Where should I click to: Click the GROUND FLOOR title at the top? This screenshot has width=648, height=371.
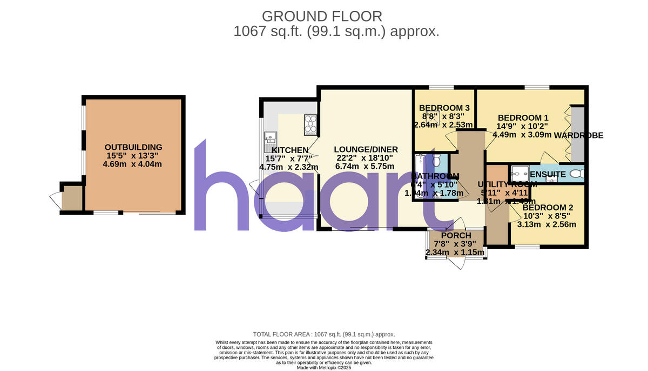pyautogui.click(x=322, y=16)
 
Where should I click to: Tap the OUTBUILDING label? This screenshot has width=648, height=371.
pyautogui.click(x=133, y=147)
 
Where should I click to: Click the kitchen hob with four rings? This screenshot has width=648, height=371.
pyautogui.click(x=311, y=125)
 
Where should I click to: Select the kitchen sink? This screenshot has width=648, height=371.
pyautogui.click(x=270, y=142)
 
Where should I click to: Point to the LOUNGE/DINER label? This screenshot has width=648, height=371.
pyautogui.click(x=366, y=149)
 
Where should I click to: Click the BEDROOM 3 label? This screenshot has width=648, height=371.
pyautogui.click(x=444, y=107)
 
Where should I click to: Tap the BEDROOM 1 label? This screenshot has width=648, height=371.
pyautogui.click(x=523, y=118)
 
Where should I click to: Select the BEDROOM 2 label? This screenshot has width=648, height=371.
pyautogui.click(x=548, y=207)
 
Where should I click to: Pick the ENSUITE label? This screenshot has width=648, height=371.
pyautogui.click(x=548, y=174)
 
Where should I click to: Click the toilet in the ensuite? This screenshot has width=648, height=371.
pyautogui.click(x=577, y=173)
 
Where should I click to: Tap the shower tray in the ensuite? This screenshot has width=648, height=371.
pyautogui.click(x=520, y=173)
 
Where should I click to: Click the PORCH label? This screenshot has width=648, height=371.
pyautogui.click(x=456, y=236)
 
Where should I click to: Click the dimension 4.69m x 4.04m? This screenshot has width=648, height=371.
pyautogui.click(x=133, y=164)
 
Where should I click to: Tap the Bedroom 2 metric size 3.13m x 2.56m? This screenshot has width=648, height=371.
pyautogui.click(x=546, y=225)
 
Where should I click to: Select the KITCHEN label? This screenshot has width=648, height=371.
pyautogui.click(x=290, y=150)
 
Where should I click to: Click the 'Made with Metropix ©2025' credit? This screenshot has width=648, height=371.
pyautogui.click(x=324, y=367)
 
